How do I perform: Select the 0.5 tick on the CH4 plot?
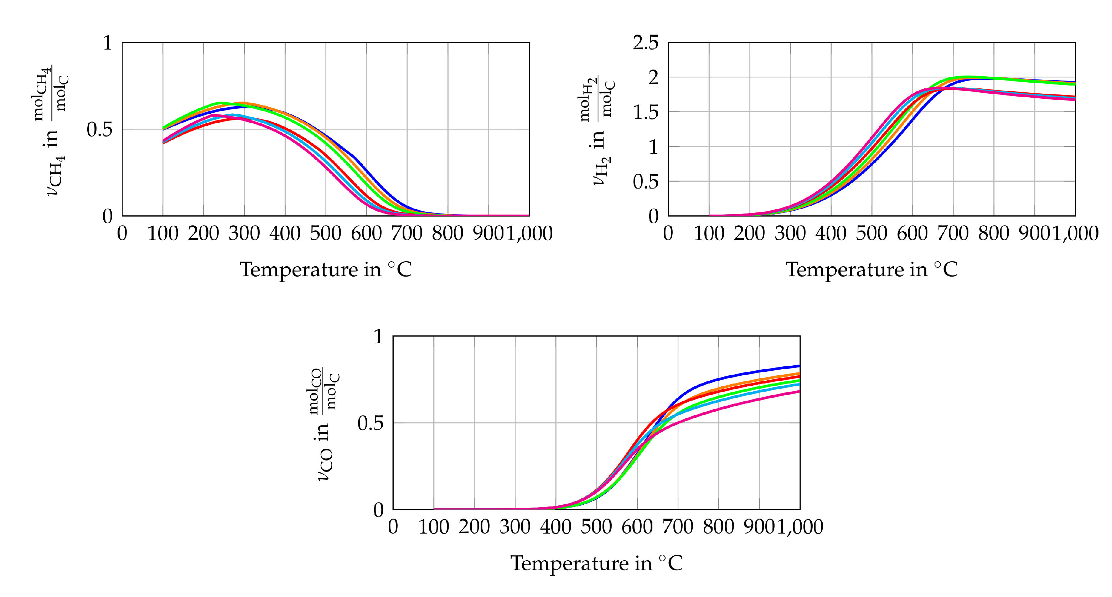coord(99,129)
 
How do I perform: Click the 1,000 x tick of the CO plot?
coord(800,527)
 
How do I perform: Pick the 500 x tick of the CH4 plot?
coord(326,233)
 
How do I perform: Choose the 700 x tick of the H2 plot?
coord(953,233)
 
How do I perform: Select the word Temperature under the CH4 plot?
coord(298,270)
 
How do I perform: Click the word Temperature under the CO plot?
coord(569,563)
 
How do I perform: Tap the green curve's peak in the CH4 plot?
coord(220,103)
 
